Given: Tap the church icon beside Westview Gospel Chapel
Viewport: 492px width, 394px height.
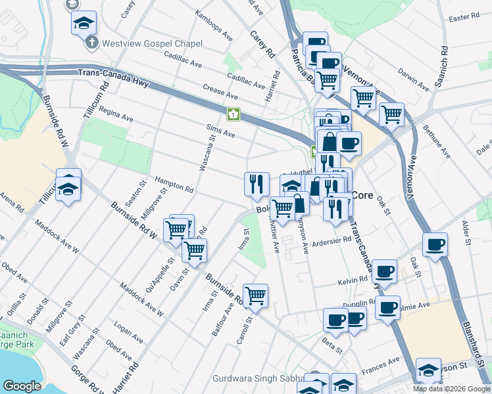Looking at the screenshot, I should click(92, 43).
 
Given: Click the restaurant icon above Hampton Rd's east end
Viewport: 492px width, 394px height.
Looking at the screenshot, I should click(257, 183).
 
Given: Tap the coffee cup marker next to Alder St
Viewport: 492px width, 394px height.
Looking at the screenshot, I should click(435, 245).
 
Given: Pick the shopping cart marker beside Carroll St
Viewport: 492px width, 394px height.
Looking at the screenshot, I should click(255, 295).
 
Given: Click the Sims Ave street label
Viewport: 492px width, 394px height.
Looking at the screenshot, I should click(220, 133).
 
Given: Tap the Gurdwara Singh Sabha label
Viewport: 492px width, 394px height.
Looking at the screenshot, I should click(258, 379).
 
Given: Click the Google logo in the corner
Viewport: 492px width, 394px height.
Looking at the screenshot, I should click(21, 386).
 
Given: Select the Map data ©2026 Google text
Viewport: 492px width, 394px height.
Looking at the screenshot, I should click(451, 389).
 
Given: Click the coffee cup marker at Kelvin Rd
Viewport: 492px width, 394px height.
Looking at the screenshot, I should click(384, 271).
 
